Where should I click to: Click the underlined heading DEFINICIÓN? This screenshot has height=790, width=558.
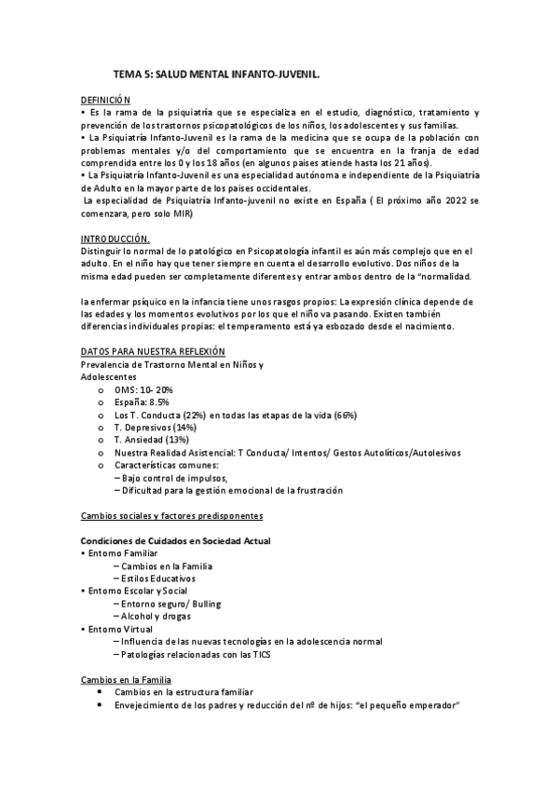click(105, 100)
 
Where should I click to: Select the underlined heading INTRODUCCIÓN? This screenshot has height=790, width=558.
click(116, 238)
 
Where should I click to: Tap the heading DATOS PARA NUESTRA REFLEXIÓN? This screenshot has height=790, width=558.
click(153, 350)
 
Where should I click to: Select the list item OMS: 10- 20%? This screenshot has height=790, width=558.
click(143, 388)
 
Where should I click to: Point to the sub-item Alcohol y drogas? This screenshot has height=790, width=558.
click(155, 617)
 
